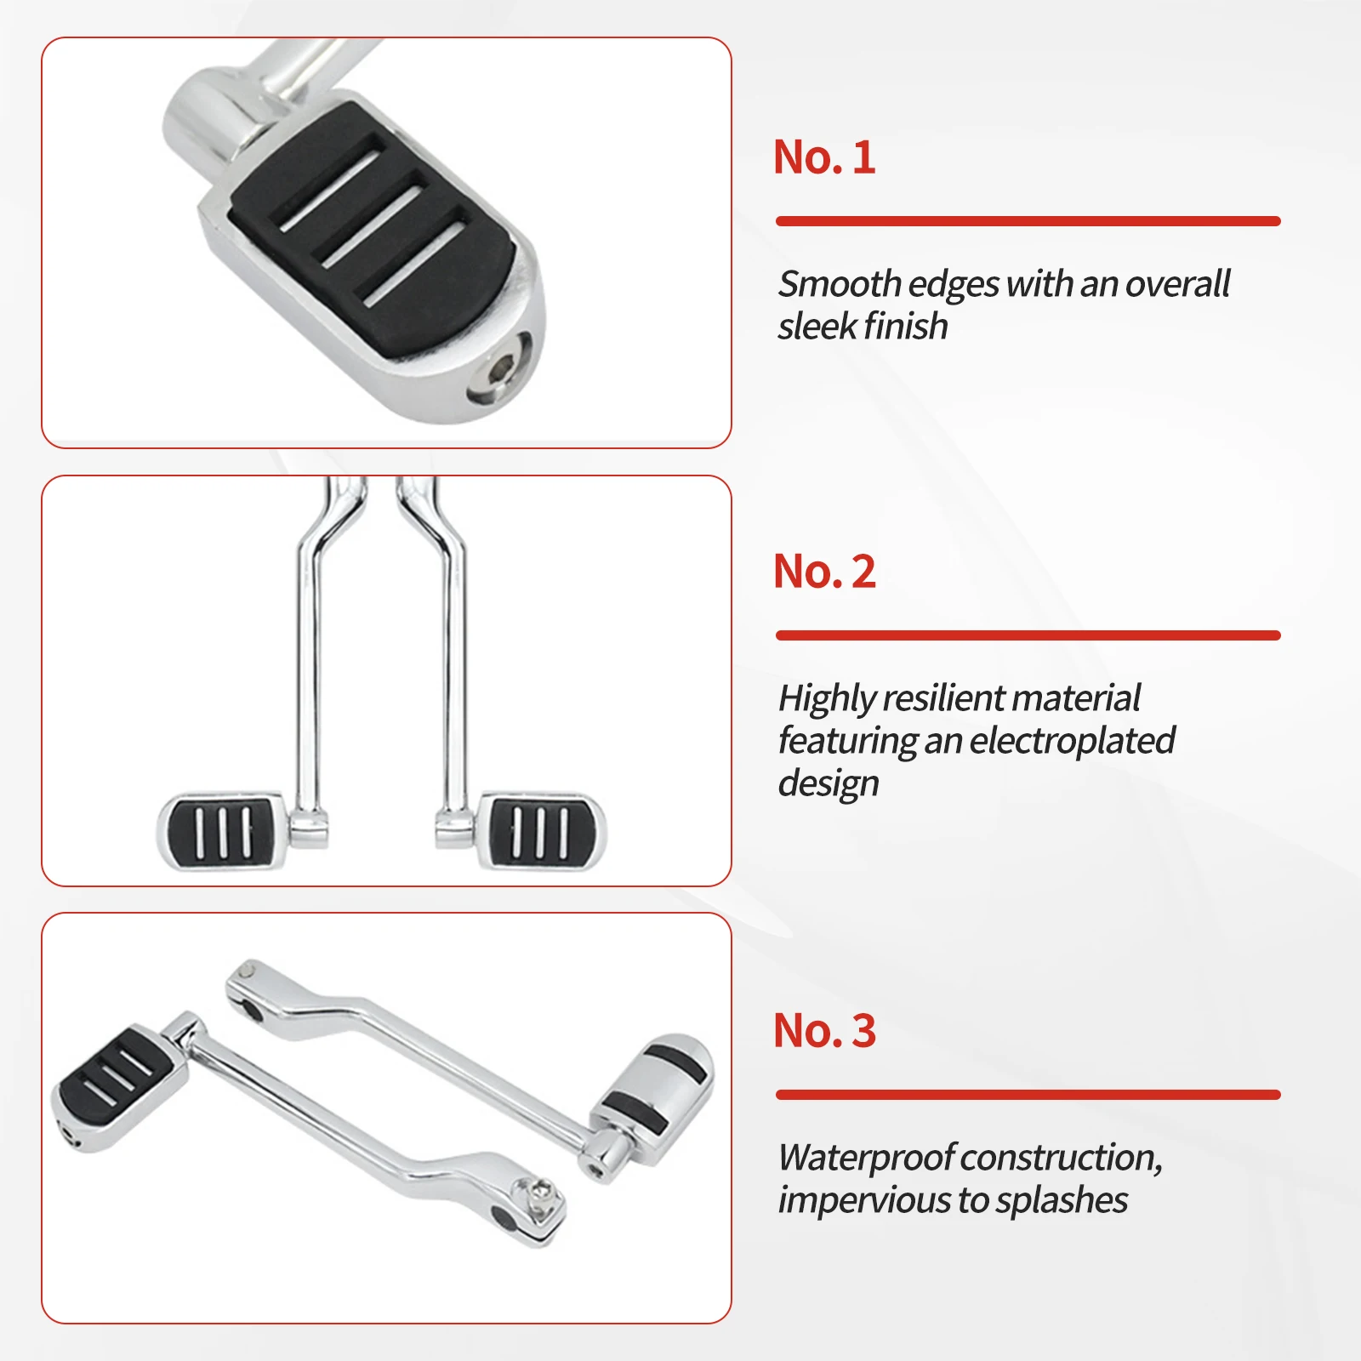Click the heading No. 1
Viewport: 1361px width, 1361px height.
(824, 157)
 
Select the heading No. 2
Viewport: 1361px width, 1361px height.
(824, 572)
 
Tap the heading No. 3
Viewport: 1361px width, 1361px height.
(824, 1031)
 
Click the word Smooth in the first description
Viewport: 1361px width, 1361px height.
(840, 284)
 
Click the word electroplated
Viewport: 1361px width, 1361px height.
(1073, 741)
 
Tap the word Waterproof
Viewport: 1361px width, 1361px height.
(868, 1158)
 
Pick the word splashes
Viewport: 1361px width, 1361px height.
(1062, 1200)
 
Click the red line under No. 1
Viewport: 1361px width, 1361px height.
(1028, 221)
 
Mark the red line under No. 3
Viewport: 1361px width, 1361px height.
(1028, 1095)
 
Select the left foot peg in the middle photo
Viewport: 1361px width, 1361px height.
(222, 832)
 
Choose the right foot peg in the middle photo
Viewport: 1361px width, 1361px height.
(541, 831)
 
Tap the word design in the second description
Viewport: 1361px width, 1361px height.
(829, 783)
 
